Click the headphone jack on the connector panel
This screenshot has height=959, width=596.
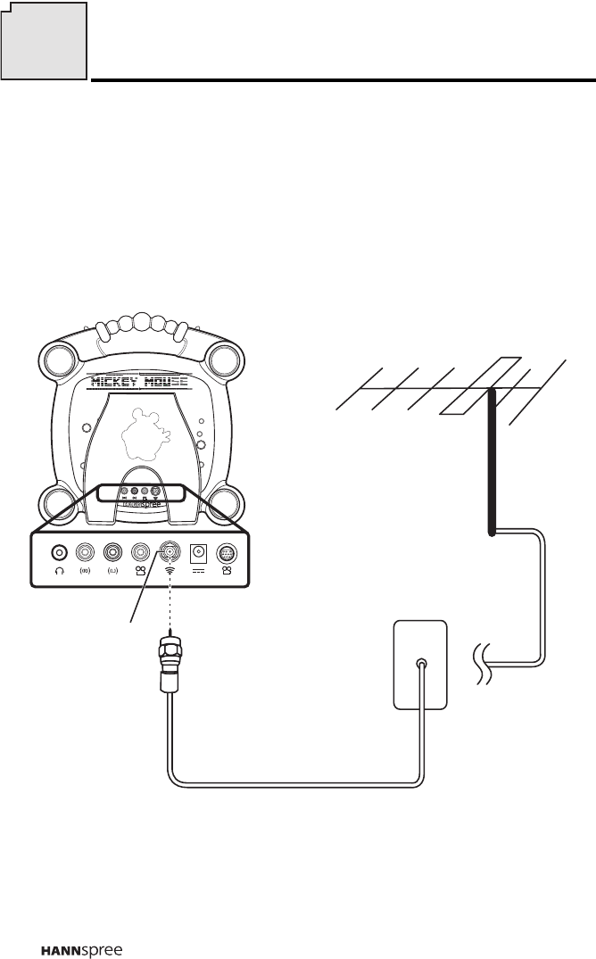(60, 552)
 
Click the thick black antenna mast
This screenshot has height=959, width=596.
(492, 464)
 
